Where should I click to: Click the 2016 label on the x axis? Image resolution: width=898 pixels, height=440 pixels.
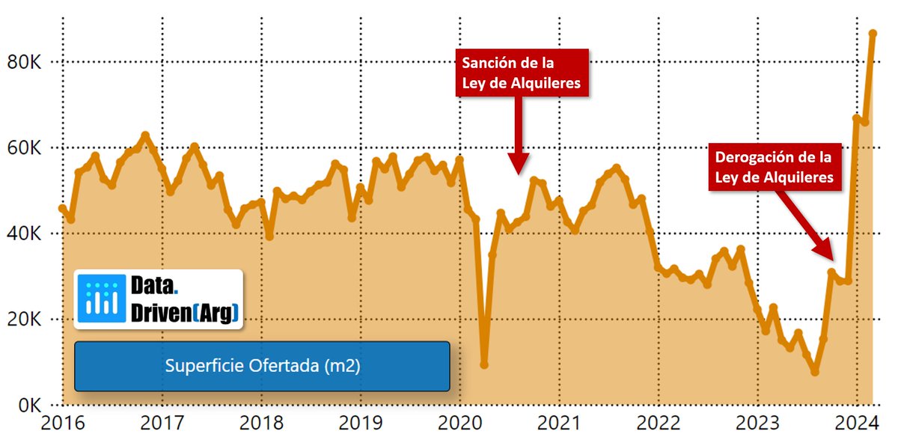63,423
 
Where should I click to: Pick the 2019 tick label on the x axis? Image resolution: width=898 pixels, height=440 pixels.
361,423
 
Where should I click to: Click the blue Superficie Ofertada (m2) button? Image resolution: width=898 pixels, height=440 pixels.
262,366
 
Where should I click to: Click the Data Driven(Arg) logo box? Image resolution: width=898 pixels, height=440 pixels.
159,299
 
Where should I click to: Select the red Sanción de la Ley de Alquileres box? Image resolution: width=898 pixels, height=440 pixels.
522,73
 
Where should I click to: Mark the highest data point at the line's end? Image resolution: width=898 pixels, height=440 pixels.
873,34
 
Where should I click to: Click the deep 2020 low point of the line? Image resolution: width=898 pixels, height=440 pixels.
484,364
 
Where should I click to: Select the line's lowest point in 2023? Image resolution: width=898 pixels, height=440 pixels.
815,372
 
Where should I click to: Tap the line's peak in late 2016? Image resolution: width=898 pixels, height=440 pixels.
145,135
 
